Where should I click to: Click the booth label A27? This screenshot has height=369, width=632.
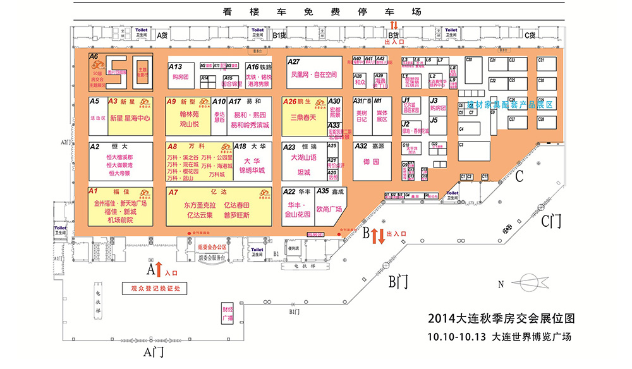pyautogui.click(x=295, y=62)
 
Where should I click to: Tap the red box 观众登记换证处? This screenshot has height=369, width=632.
pyautogui.click(x=155, y=288)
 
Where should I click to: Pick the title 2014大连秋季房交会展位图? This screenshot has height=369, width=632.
pyautogui.click(x=502, y=318)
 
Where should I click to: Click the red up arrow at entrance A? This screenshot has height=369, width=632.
pyautogui.click(x=159, y=270)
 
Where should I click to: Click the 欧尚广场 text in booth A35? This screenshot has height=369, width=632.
pyautogui.click(x=329, y=209)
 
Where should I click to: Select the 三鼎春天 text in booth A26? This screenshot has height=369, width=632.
pyautogui.click(x=301, y=118)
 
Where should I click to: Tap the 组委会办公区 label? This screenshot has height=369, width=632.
pyautogui.click(x=212, y=247)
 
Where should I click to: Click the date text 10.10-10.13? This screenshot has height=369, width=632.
pyautogui.click(x=456, y=336)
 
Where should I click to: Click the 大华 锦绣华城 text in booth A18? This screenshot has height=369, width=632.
pyautogui.click(x=252, y=166)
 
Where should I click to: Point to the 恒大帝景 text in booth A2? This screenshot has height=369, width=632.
pyautogui.click(x=119, y=173)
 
